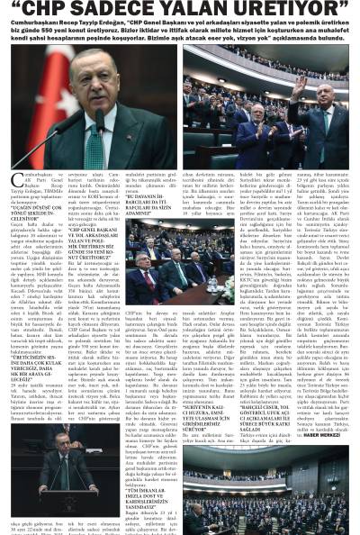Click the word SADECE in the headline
tap(133, 14)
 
